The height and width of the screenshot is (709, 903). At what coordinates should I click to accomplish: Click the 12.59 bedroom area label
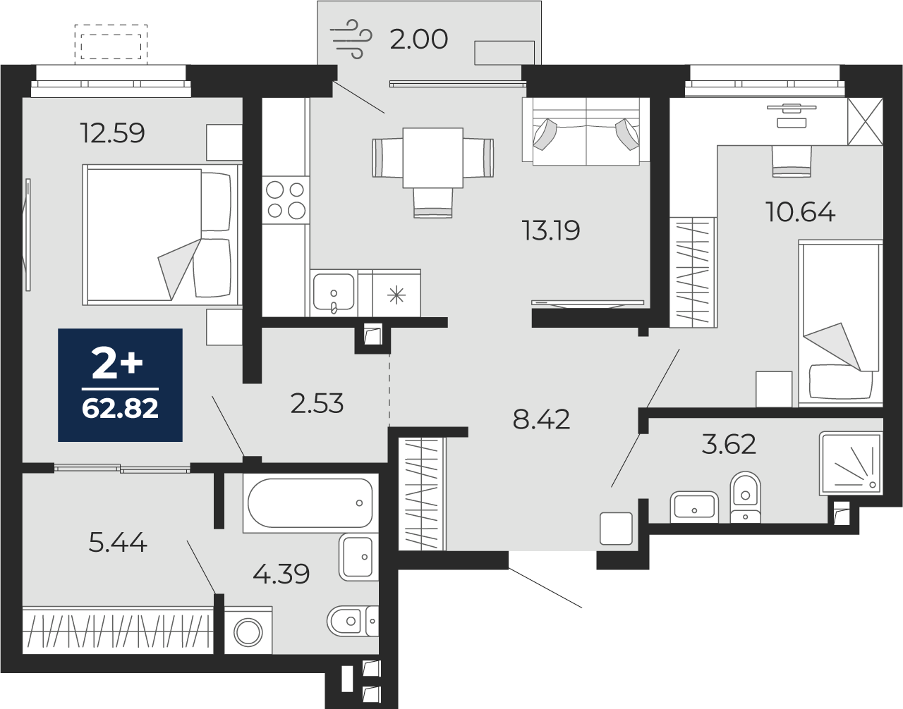[112, 132]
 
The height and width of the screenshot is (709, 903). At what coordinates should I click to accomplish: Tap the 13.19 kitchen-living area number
[550, 230]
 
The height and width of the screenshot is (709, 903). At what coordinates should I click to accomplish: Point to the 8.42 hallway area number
[541, 419]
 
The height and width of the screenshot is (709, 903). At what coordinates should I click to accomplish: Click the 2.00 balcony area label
[419, 39]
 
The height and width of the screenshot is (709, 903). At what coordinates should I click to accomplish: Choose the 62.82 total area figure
[120, 409]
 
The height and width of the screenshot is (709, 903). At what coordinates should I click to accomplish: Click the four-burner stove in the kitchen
[286, 200]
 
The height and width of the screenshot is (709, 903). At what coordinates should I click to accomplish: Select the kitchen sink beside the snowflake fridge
[334, 292]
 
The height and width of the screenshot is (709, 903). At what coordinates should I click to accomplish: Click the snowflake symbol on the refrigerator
[396, 295]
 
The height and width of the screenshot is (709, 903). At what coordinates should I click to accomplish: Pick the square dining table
[432, 158]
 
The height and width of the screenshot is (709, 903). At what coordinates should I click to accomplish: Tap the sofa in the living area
[586, 131]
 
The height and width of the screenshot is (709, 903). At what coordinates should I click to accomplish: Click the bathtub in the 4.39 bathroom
[310, 503]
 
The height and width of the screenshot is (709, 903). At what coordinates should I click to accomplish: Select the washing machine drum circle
[248, 632]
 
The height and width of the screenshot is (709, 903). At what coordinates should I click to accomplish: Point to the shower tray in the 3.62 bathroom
[851, 464]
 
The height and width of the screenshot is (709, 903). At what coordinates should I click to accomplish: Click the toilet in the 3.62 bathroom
[746, 497]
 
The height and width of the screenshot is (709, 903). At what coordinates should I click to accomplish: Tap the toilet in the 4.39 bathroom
[353, 621]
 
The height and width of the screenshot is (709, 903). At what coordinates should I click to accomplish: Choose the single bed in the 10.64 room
[840, 323]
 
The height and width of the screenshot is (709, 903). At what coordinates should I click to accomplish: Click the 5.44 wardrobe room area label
[118, 543]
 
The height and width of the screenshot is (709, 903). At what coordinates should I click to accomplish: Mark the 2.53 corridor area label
[317, 404]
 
